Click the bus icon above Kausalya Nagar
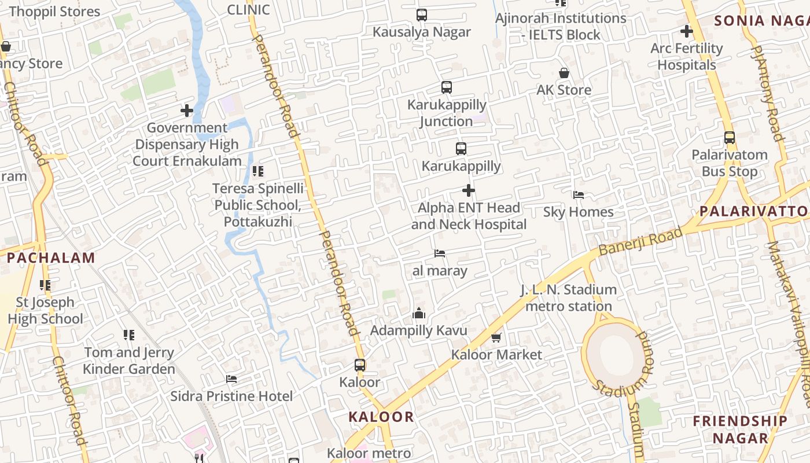[x=422, y=15]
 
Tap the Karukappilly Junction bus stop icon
[x=447, y=87]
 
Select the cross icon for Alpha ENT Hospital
[x=469, y=190]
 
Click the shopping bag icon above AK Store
[x=564, y=73]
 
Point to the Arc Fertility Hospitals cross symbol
[x=687, y=31]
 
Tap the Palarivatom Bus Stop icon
[x=730, y=138]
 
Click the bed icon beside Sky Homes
[x=578, y=195]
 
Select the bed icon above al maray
[x=440, y=253]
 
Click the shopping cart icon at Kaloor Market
[x=496, y=337]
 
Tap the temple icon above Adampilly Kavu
[x=419, y=314]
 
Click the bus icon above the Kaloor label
[x=360, y=365]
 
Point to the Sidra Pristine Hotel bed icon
[x=231, y=379]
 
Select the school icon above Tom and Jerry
[x=128, y=335]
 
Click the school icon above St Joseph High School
[x=45, y=285]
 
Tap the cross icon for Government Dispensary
[x=187, y=110]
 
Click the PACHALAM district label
[x=50, y=258]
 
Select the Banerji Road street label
[x=640, y=242]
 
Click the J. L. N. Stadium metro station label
[x=569, y=297]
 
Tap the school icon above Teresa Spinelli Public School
[x=258, y=171]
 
